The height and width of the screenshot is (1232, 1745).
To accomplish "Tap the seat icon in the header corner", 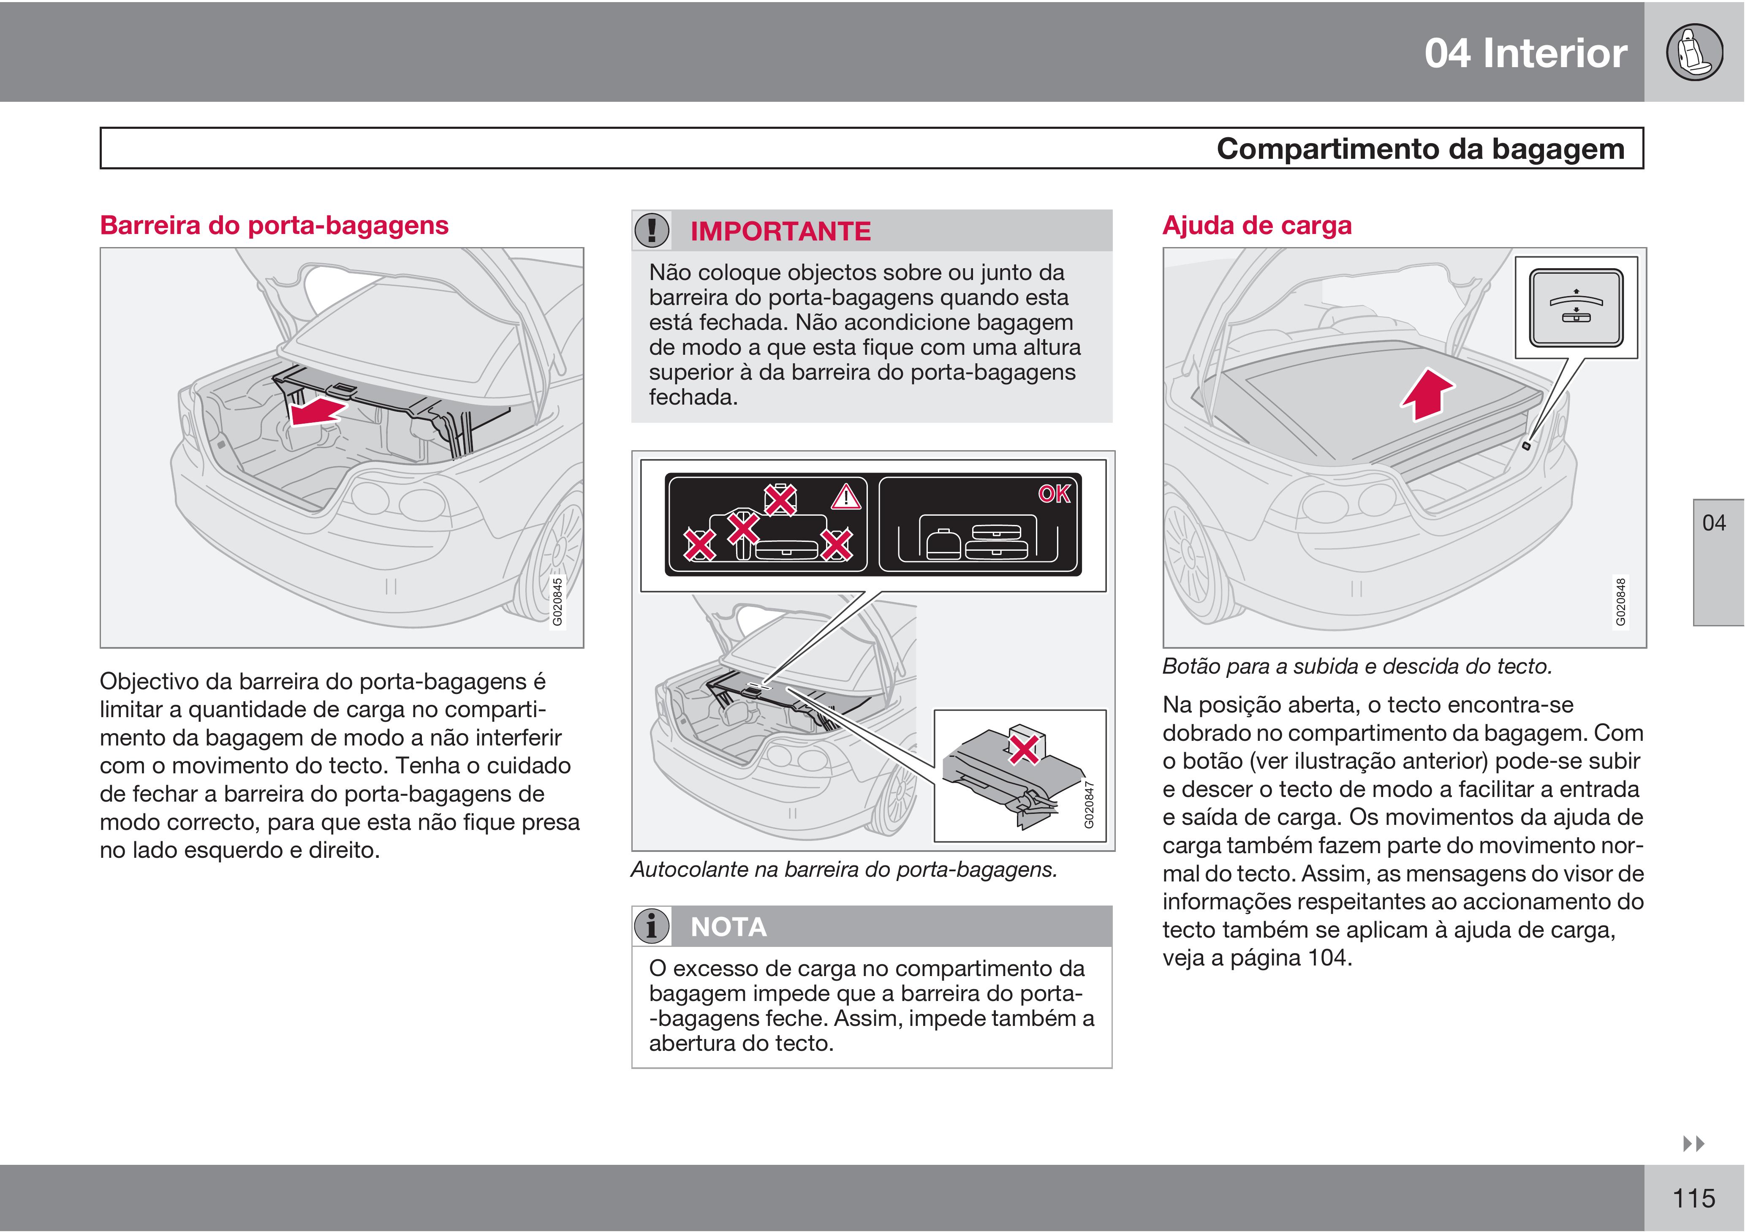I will (1694, 52).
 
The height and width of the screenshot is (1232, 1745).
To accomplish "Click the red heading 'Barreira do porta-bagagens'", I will (275, 226).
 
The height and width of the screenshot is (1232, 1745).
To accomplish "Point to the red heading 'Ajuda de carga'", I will (1257, 226).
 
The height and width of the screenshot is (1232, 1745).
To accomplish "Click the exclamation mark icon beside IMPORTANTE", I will (651, 230).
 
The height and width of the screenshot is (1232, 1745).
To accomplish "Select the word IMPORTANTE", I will (780, 231).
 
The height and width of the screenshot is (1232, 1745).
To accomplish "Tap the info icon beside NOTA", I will (651, 927).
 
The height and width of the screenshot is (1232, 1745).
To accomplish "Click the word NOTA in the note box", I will (728, 927).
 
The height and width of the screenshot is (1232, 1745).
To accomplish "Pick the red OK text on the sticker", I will (1054, 494).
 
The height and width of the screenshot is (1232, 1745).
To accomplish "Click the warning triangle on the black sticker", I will (845, 498).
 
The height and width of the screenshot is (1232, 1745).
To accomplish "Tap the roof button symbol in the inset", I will (1576, 307).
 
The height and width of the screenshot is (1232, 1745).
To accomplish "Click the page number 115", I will (1693, 1199).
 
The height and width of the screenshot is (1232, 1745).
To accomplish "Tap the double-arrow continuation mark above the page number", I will (1693, 1143).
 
